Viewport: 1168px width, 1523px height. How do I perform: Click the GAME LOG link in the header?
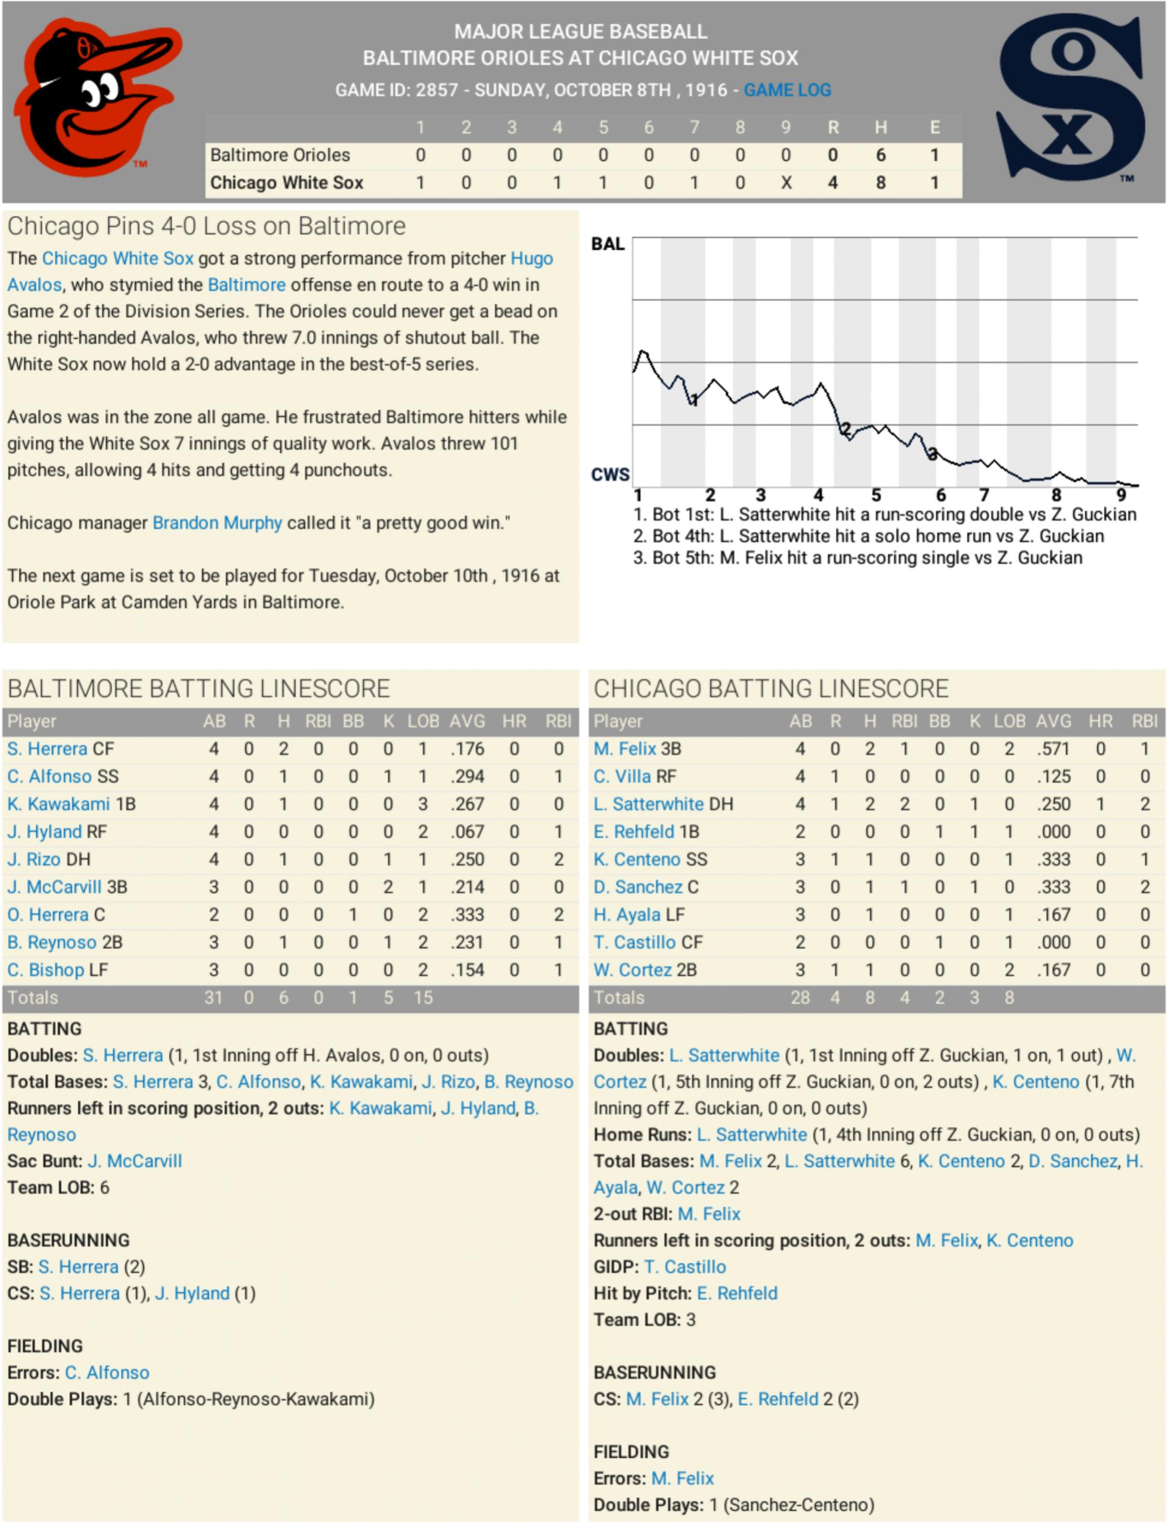787,90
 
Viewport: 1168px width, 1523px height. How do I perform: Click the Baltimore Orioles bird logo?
97,97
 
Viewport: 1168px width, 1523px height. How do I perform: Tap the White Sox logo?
1071,97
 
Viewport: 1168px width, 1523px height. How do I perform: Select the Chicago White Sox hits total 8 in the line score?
880,183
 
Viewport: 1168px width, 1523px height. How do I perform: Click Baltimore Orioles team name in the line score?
280,155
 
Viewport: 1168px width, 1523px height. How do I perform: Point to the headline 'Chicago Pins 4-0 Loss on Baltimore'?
206,227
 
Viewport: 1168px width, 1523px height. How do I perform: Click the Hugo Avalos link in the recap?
532,259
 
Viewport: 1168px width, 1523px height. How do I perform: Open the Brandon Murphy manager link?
217,523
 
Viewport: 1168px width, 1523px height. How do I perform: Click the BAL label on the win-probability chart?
608,244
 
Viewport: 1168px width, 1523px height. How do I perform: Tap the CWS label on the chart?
610,475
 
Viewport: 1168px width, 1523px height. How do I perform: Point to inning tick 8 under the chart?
1056,495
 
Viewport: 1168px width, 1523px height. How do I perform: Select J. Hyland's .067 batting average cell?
467,832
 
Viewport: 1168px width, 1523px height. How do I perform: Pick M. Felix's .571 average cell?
1053,749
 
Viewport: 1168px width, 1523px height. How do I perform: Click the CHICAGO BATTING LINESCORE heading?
770,688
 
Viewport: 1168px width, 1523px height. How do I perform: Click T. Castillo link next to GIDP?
685,1267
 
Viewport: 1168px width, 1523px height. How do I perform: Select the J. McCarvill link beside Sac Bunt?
135,1162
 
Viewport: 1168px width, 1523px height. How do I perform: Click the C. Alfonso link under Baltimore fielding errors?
107,1373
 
